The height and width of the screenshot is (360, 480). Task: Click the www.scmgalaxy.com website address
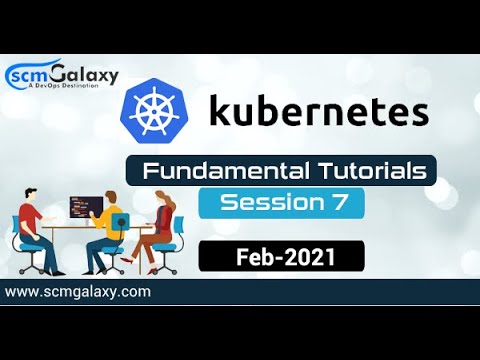point(78,292)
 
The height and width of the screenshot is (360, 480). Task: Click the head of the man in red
point(32,194)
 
